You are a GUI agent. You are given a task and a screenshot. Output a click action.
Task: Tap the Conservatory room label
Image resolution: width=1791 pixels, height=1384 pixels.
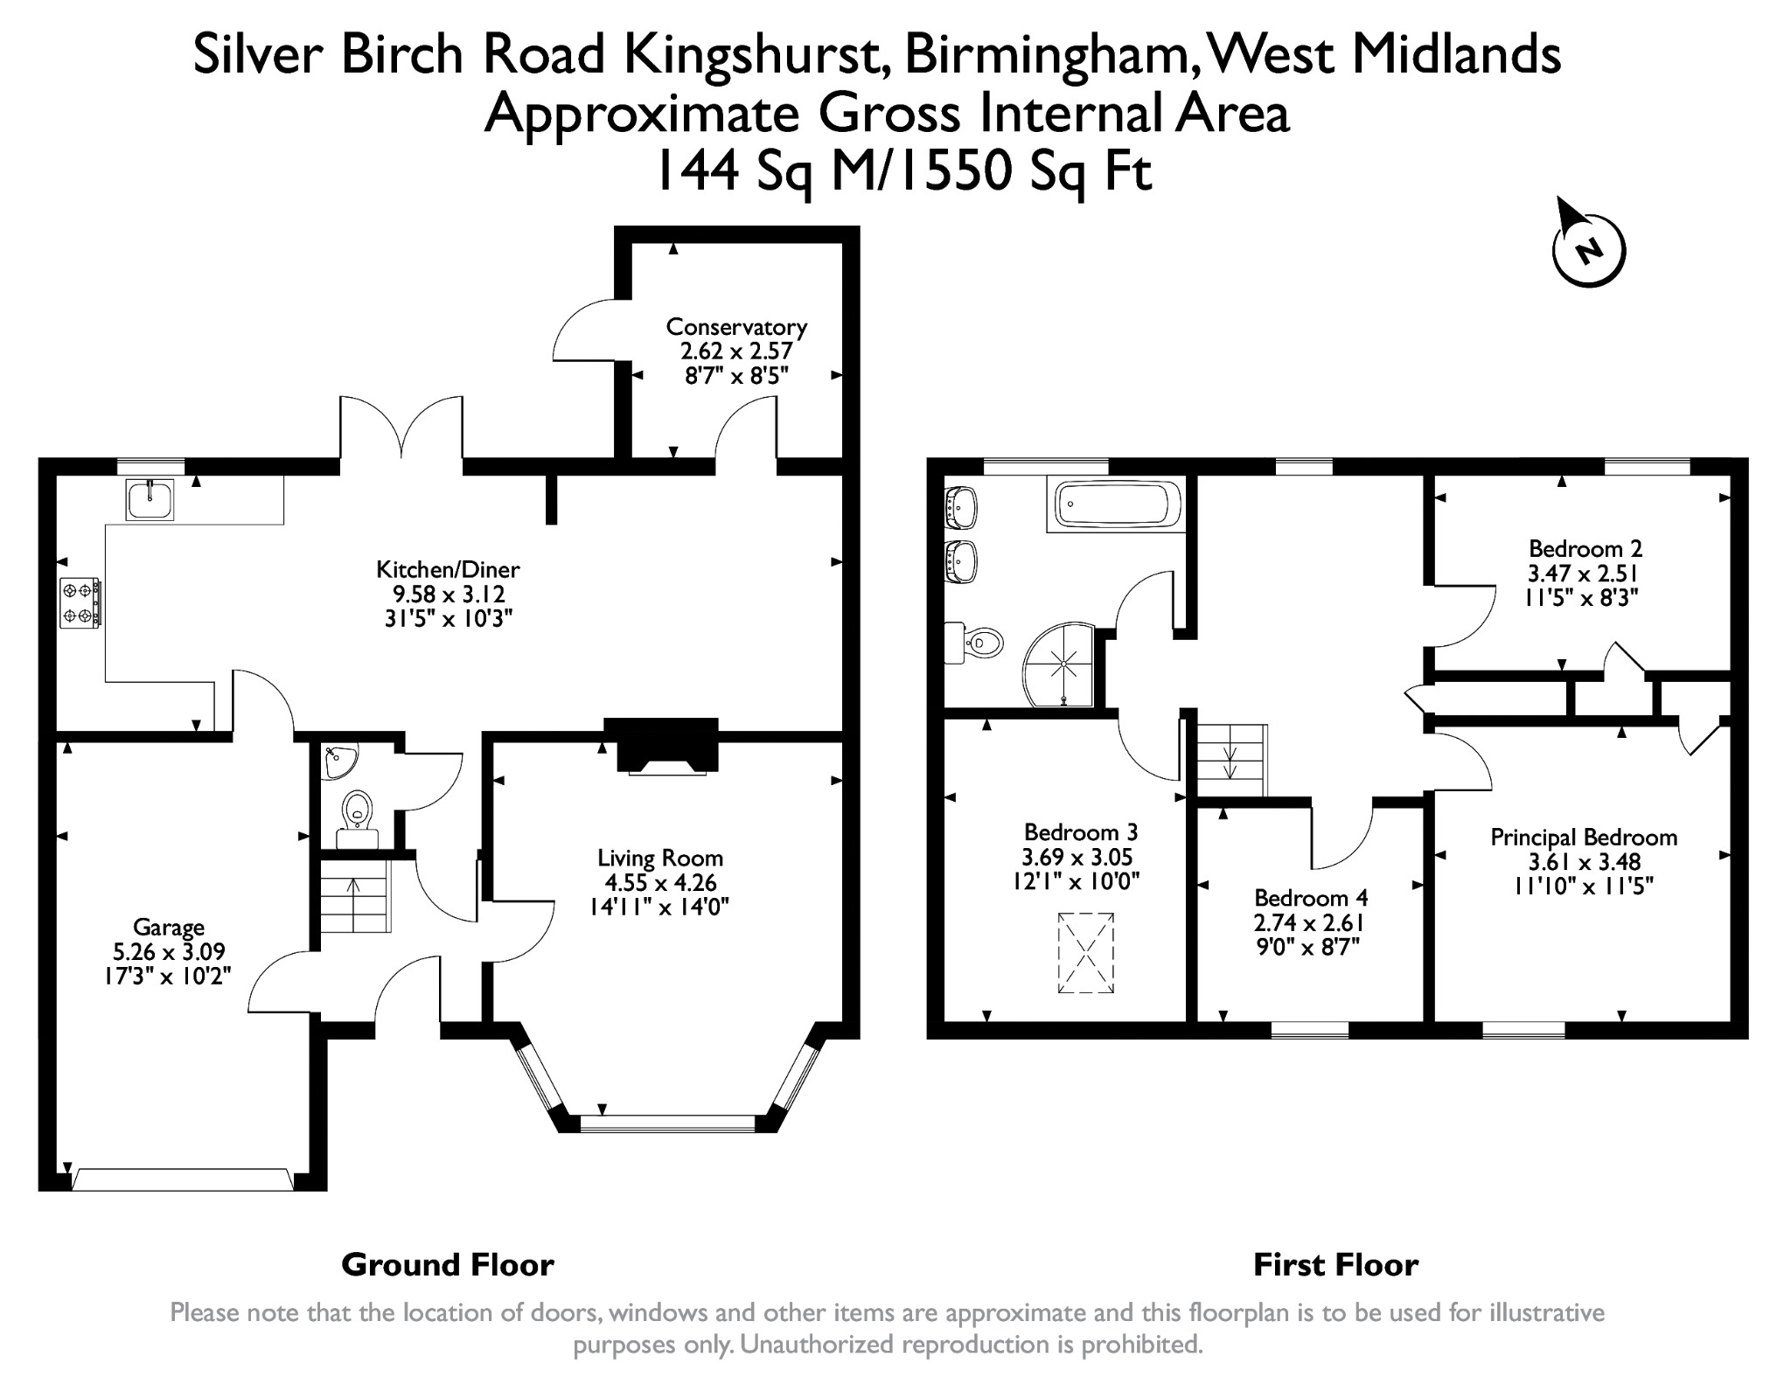click(736, 327)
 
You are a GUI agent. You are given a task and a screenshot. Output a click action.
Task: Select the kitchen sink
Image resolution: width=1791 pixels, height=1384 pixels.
click(150, 499)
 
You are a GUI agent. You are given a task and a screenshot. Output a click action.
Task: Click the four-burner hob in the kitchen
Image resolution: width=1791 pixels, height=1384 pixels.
click(80, 603)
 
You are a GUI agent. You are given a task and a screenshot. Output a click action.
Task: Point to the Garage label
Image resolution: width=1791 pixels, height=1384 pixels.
click(169, 927)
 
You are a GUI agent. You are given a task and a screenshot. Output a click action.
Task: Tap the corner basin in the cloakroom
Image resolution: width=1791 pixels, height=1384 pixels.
click(338, 762)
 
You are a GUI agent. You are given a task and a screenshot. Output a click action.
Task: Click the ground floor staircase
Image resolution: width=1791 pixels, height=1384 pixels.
click(355, 895)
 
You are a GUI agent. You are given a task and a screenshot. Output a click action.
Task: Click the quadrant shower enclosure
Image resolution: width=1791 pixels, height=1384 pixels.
click(1059, 664)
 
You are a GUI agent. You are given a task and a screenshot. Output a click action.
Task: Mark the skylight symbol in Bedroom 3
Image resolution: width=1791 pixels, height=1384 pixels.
click(1086, 953)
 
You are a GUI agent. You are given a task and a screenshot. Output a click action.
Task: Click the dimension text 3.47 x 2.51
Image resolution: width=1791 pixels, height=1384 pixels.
click(1584, 574)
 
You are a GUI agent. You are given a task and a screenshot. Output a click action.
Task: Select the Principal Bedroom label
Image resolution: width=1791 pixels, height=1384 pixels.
click(1584, 838)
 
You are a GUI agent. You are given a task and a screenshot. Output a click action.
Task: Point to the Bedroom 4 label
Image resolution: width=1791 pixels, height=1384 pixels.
click(1311, 898)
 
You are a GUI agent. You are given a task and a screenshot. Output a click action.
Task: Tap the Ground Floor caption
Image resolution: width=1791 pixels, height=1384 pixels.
click(448, 1265)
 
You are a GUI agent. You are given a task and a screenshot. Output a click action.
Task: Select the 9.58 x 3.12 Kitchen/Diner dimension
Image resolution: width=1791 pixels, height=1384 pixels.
click(449, 595)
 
